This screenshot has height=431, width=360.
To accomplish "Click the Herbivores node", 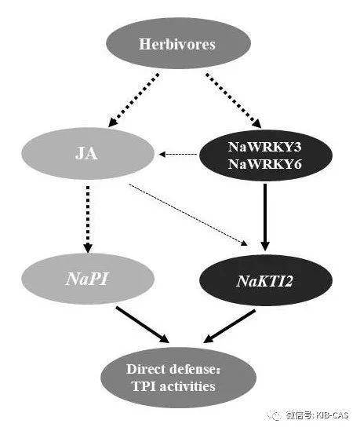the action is coord(178,43).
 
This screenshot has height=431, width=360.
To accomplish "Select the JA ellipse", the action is coord(88,153).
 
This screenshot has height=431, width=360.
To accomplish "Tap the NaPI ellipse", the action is coord(88,279).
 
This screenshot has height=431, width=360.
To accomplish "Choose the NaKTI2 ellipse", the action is coord(266,280).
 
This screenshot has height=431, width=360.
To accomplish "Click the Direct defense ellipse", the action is coord(179,378).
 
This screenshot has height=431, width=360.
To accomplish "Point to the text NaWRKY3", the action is coord(264,147).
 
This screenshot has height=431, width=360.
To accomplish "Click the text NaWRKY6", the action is coord(264,164).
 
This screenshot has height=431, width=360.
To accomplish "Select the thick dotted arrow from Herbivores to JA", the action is coord(133,100).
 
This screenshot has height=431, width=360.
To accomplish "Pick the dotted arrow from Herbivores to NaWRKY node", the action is coord(234,100).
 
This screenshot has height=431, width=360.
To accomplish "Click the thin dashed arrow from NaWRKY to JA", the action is coord(178,155).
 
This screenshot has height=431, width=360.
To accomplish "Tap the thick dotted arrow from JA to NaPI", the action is coord(88,219).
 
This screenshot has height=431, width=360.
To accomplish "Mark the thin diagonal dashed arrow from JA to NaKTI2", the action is coord(188,214).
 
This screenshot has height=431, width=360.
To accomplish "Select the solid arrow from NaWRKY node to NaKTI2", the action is coord(265,217).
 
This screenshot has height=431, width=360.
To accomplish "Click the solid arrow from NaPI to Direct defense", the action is coord(142,325).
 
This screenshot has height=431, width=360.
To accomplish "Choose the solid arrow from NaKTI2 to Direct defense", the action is coord(230,327).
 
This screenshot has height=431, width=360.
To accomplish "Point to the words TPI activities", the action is coord(173,386).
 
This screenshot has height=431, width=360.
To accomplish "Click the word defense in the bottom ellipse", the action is coord(195,369).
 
